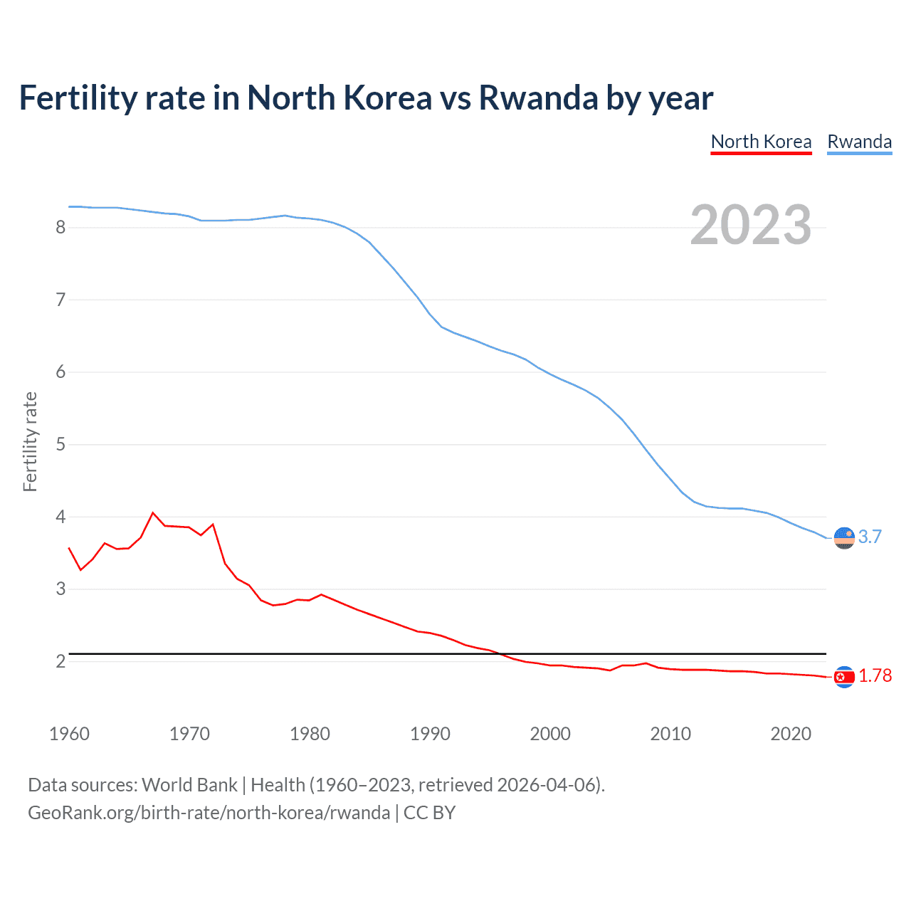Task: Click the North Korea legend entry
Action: point(761,142)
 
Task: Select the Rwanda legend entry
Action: point(859,142)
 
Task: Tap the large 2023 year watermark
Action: point(750,225)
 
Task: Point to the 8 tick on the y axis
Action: point(60,228)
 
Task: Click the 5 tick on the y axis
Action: point(60,445)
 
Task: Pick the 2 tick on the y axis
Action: point(60,662)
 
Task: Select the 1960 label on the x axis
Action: point(69,734)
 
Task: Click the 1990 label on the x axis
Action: point(430,734)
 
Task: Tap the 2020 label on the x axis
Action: point(791,734)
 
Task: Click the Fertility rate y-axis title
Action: point(30,441)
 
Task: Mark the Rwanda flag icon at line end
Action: point(844,538)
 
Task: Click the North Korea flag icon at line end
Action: point(844,677)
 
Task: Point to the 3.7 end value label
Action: point(870,537)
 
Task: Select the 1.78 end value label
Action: point(875,676)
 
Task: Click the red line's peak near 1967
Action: point(153,512)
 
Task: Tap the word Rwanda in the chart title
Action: point(538,98)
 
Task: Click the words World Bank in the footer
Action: point(189,785)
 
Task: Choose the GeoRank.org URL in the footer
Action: point(209,813)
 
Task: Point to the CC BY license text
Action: point(429,813)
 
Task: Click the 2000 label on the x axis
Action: point(550,734)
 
